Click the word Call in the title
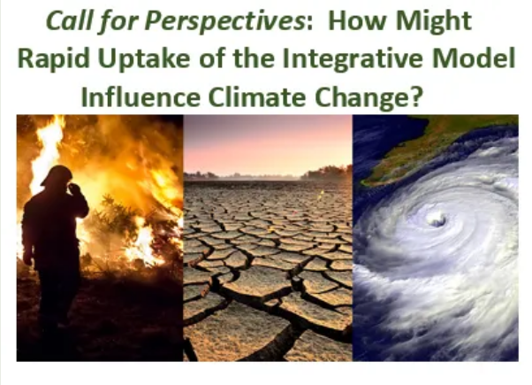coord(69,21)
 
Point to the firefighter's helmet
coord(57,175)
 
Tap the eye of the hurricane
coord(437,219)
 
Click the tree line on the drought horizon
coord(326,173)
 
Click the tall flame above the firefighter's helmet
coord(49,150)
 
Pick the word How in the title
coord(357,21)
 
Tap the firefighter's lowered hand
coord(27,259)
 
